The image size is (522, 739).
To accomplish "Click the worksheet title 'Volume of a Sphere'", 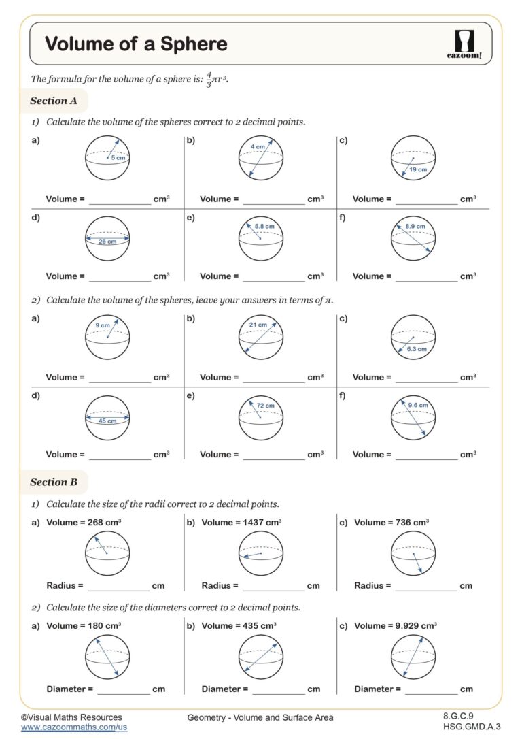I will (x=136, y=44).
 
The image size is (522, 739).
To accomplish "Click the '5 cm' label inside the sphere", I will (x=118, y=158).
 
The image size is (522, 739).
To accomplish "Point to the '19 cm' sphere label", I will (x=418, y=169).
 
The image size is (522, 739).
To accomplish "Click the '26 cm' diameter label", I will (x=107, y=241).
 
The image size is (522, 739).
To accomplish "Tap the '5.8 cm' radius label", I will (x=265, y=226).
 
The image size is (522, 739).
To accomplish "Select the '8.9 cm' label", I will (x=415, y=226).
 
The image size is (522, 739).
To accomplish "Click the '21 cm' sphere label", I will (x=258, y=325).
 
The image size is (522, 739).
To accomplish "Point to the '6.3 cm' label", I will (x=417, y=349).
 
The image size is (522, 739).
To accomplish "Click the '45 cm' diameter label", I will (x=107, y=421).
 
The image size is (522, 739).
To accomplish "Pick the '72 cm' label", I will (x=265, y=406).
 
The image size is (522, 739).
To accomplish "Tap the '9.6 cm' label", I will (x=418, y=406).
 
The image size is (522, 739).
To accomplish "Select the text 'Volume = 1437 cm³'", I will (x=241, y=522).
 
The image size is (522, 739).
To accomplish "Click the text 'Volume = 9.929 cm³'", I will (x=396, y=625).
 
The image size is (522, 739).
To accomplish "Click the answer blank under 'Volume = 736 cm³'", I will (x=426, y=586).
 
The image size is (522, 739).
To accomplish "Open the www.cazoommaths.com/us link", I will (x=74, y=727).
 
